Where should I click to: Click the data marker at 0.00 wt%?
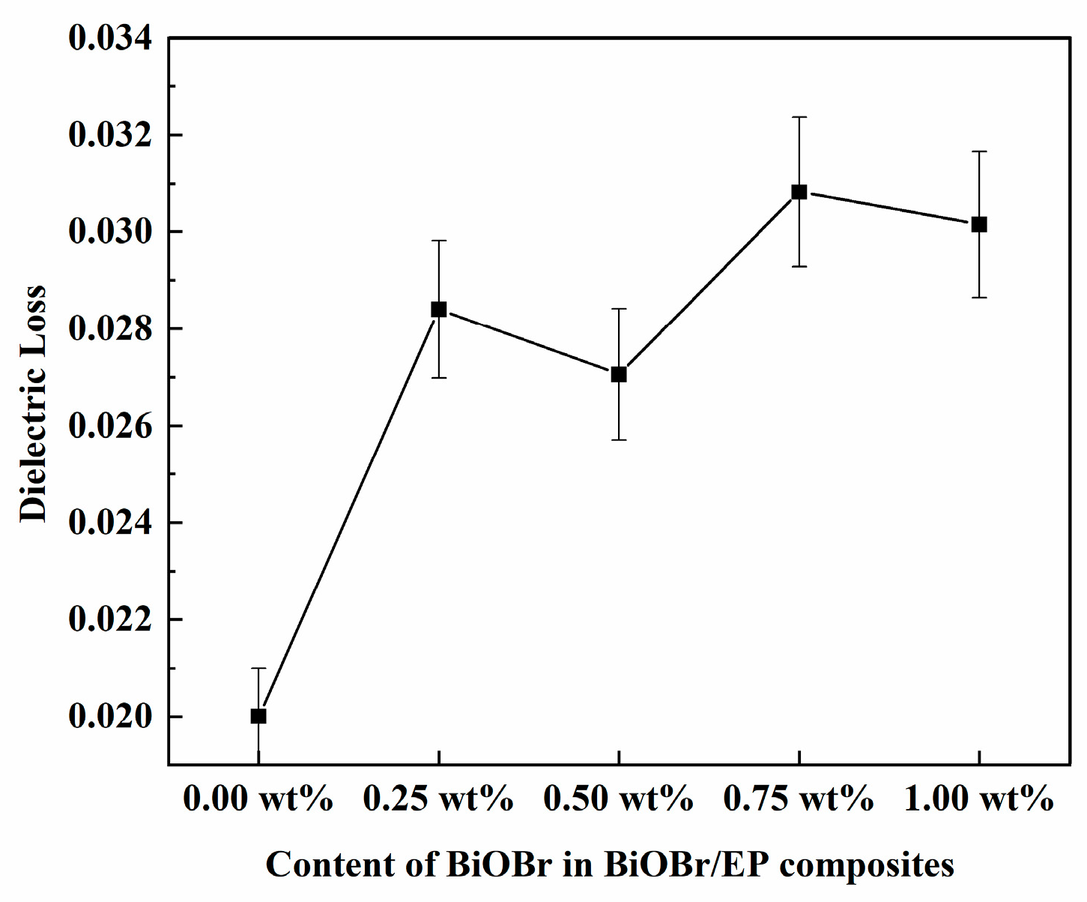coord(258,716)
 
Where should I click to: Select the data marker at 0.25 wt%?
coord(439,309)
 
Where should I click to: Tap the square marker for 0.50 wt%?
coord(619,374)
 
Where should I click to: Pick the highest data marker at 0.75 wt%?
coord(799,192)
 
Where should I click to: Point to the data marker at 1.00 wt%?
coord(979,224)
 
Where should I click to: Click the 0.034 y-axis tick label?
coord(110,38)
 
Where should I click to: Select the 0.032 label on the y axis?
coord(110,136)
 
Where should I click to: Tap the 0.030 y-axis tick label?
coord(110,232)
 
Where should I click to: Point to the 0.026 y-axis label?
coord(110,426)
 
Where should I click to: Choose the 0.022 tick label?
coord(110,620)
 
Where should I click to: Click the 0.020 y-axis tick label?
coord(110,717)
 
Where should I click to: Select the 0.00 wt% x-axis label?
coord(258,799)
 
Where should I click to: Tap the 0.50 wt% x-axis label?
coord(619,799)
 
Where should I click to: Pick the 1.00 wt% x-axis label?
coord(979,799)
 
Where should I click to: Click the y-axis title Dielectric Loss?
coord(34,403)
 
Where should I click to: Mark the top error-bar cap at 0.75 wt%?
coord(799,117)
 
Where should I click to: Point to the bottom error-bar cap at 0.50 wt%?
coord(619,439)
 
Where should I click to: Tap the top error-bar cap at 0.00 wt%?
coord(258,667)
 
